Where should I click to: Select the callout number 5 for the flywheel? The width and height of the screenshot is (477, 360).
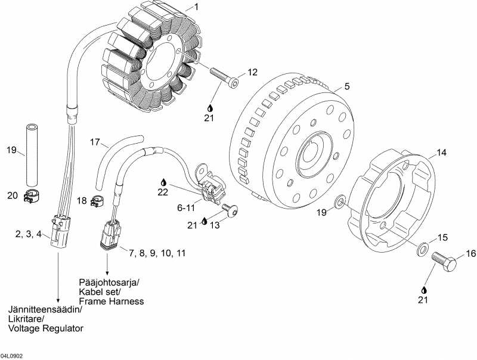[347, 86]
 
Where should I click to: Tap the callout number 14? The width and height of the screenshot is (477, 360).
[441, 153]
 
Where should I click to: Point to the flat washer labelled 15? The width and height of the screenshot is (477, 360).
[422, 247]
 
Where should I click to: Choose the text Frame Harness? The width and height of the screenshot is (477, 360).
[111, 301]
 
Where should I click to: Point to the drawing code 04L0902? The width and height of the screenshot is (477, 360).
[12, 355]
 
